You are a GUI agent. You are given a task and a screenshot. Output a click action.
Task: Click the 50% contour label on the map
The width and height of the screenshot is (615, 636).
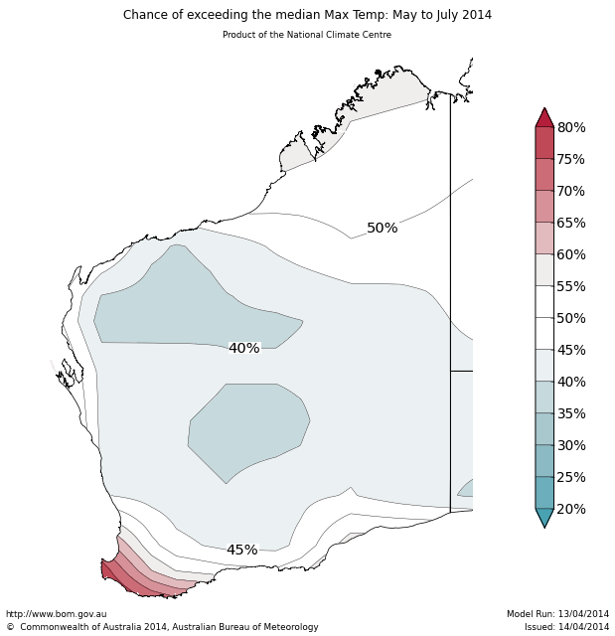(x=382, y=229)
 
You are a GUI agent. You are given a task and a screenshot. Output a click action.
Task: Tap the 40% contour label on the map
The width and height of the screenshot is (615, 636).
(x=243, y=349)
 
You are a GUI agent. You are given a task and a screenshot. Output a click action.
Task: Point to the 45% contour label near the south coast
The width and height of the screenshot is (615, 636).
(x=241, y=551)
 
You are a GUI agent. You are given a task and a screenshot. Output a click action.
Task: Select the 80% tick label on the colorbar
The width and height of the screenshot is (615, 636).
(x=571, y=128)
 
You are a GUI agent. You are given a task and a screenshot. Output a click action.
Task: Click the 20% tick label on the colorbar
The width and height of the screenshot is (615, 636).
(x=571, y=510)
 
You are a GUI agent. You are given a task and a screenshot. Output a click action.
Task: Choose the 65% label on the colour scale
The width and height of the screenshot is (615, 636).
(x=571, y=224)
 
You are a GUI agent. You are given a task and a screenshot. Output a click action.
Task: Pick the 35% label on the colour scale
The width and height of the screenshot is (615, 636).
(x=571, y=414)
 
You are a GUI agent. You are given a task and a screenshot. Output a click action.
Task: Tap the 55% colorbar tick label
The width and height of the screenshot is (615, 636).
(x=571, y=287)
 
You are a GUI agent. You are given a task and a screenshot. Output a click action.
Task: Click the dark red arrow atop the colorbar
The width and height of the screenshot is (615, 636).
(x=544, y=118)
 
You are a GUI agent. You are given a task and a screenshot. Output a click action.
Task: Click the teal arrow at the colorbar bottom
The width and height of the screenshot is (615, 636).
(x=544, y=518)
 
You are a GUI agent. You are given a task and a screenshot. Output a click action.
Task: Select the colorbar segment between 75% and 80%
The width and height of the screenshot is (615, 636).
(x=544, y=143)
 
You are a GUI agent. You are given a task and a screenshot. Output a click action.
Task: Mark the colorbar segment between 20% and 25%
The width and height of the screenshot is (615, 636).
(x=544, y=493)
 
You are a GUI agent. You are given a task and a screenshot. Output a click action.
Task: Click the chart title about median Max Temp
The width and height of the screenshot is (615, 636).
(x=307, y=15)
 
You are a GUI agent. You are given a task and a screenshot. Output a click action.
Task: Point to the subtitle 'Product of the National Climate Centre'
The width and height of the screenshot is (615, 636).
(x=307, y=35)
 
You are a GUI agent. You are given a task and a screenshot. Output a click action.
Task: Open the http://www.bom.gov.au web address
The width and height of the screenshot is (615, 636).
(x=57, y=614)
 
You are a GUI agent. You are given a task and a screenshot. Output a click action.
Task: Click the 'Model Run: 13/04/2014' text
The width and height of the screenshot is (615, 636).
(x=557, y=614)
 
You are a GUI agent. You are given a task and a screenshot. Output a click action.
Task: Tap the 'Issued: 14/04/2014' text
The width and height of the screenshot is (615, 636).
(x=566, y=627)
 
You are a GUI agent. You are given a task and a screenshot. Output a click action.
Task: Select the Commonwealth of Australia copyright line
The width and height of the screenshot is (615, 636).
(x=162, y=627)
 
